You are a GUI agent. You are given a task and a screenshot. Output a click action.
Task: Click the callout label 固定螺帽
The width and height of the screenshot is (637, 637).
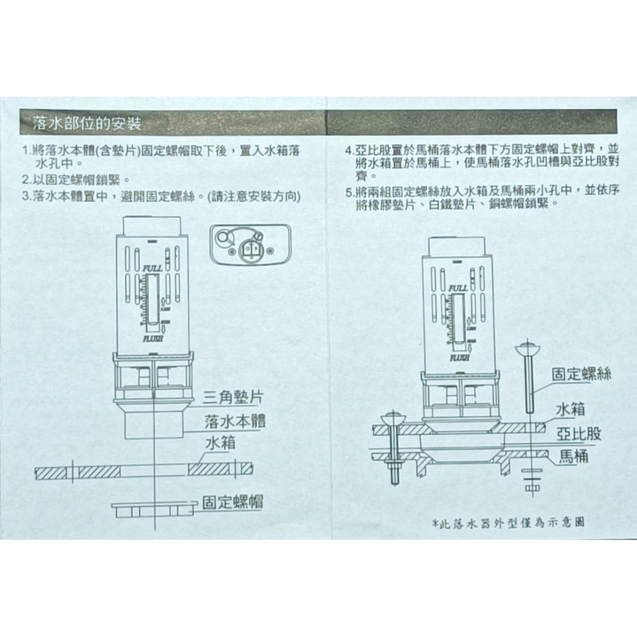click(x=233, y=502)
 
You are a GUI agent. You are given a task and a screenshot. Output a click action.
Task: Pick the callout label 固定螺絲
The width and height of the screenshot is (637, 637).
click(x=580, y=374)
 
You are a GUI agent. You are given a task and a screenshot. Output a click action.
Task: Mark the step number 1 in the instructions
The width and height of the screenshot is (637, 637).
click(x=25, y=152)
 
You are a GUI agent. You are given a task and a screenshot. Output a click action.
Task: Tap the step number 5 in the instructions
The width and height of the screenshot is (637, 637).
click(x=349, y=190)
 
